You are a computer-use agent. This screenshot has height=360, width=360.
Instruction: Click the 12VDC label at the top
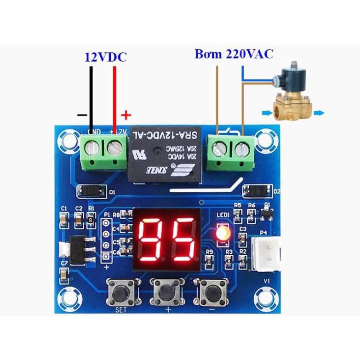(x=105, y=57)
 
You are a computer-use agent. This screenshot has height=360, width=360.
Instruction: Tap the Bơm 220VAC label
(x=234, y=54)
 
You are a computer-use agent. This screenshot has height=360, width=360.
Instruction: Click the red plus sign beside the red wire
(x=126, y=115)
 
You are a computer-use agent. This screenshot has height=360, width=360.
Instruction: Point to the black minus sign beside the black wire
(x=82, y=115)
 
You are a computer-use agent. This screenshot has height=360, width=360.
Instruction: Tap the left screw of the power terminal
(x=94, y=148)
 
